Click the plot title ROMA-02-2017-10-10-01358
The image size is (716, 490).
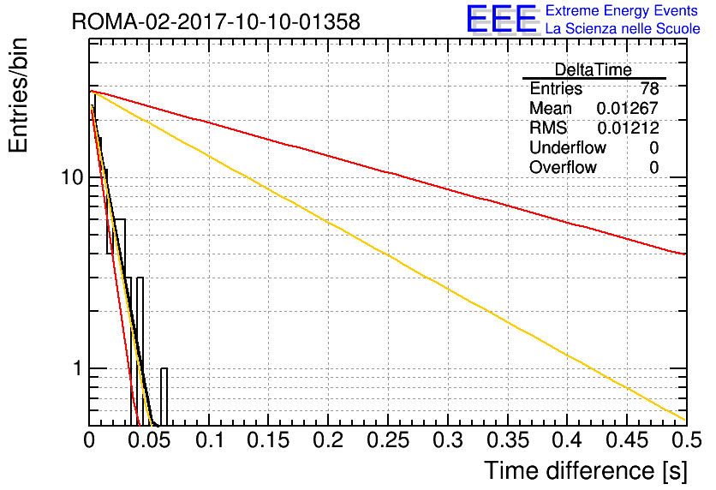click(x=216, y=21)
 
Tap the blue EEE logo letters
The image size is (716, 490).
click(x=501, y=19)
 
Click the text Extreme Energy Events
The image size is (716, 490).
click(x=622, y=10)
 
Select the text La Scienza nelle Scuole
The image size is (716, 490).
click(x=623, y=28)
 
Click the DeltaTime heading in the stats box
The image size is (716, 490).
click(x=594, y=69)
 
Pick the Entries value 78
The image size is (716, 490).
click(x=649, y=88)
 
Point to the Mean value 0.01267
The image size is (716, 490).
click(x=628, y=108)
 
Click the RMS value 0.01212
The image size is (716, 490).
click(x=628, y=128)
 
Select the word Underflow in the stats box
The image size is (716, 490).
click(x=568, y=147)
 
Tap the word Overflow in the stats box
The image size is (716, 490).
click(x=563, y=167)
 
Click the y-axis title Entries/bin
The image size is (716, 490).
click(x=19, y=95)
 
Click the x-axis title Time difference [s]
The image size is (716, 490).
click(x=586, y=471)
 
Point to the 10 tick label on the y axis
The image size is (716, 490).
click(x=73, y=177)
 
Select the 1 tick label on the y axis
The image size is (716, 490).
click(x=78, y=368)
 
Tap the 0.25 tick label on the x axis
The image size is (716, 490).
click(x=388, y=440)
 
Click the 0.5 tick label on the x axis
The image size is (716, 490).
click(x=686, y=440)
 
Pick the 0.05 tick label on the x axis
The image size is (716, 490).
click(x=149, y=440)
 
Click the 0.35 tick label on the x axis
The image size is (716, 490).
click(x=508, y=440)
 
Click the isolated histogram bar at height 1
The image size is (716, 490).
click(x=164, y=397)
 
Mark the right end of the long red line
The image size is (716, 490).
click(x=686, y=254)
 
